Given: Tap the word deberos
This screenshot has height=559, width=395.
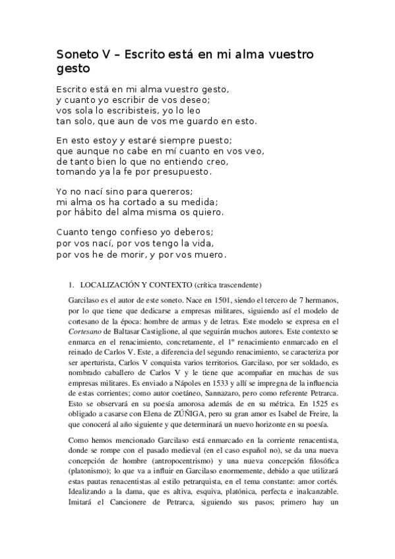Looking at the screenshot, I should click(x=191, y=233).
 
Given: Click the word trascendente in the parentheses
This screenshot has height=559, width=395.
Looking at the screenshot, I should click(x=238, y=285).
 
